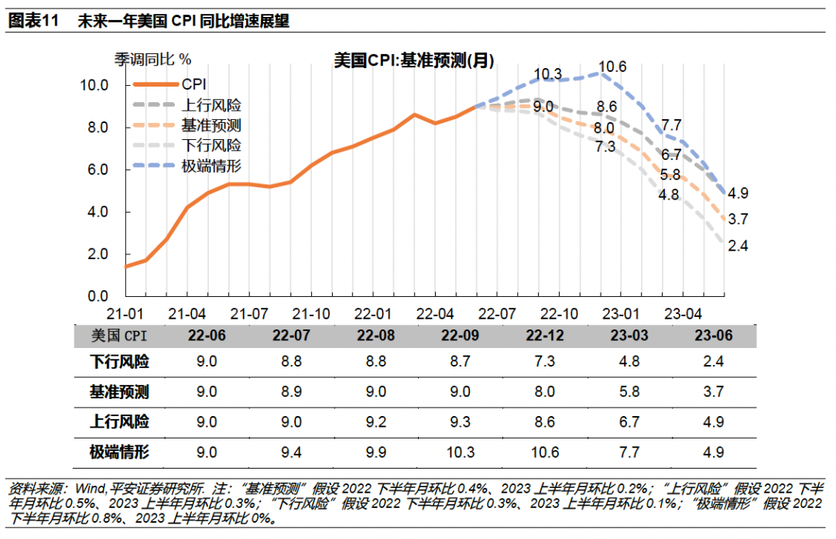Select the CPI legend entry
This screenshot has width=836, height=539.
click(194, 84)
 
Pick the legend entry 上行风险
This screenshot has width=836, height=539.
click(211, 104)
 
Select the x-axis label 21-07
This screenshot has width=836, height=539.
click(249, 315)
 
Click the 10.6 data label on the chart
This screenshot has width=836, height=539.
click(612, 67)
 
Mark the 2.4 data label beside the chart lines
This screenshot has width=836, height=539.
click(739, 246)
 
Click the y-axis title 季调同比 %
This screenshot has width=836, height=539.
click(152, 59)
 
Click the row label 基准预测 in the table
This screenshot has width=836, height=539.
click(120, 392)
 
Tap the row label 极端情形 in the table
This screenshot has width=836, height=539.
click(120, 452)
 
